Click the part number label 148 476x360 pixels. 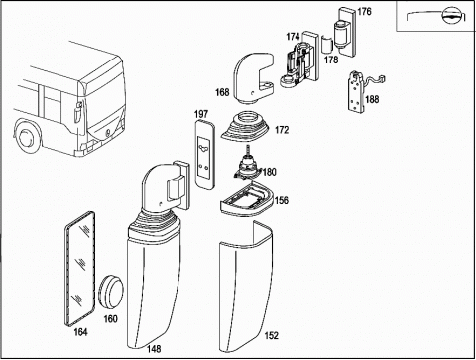(154, 349)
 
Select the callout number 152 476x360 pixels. (272, 335)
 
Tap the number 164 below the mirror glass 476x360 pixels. (80, 332)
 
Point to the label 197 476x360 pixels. (201, 114)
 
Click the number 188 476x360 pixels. (372, 99)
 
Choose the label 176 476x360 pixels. (364, 12)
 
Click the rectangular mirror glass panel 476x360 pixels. (79, 269)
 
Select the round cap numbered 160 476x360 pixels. (111, 290)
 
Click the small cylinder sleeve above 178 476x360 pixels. (327, 44)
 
